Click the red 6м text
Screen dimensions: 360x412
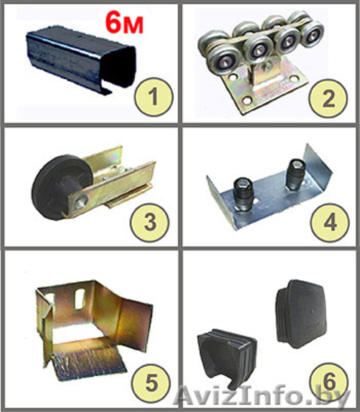point(124,23)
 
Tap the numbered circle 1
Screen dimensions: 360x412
point(154,97)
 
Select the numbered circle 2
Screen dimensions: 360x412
point(328,98)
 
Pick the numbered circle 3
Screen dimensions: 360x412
point(150,222)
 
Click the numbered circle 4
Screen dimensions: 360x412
point(330,222)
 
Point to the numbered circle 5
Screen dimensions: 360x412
point(151,382)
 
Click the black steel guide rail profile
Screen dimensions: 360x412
point(81,58)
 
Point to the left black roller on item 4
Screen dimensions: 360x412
point(243,195)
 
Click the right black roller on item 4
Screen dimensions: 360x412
point(295,174)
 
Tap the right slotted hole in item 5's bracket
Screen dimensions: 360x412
point(80,299)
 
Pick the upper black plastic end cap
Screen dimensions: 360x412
point(302,314)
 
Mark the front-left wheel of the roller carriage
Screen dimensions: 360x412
point(223,61)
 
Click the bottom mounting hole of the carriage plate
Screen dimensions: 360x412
point(247,100)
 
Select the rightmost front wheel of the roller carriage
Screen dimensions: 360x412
point(313,35)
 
